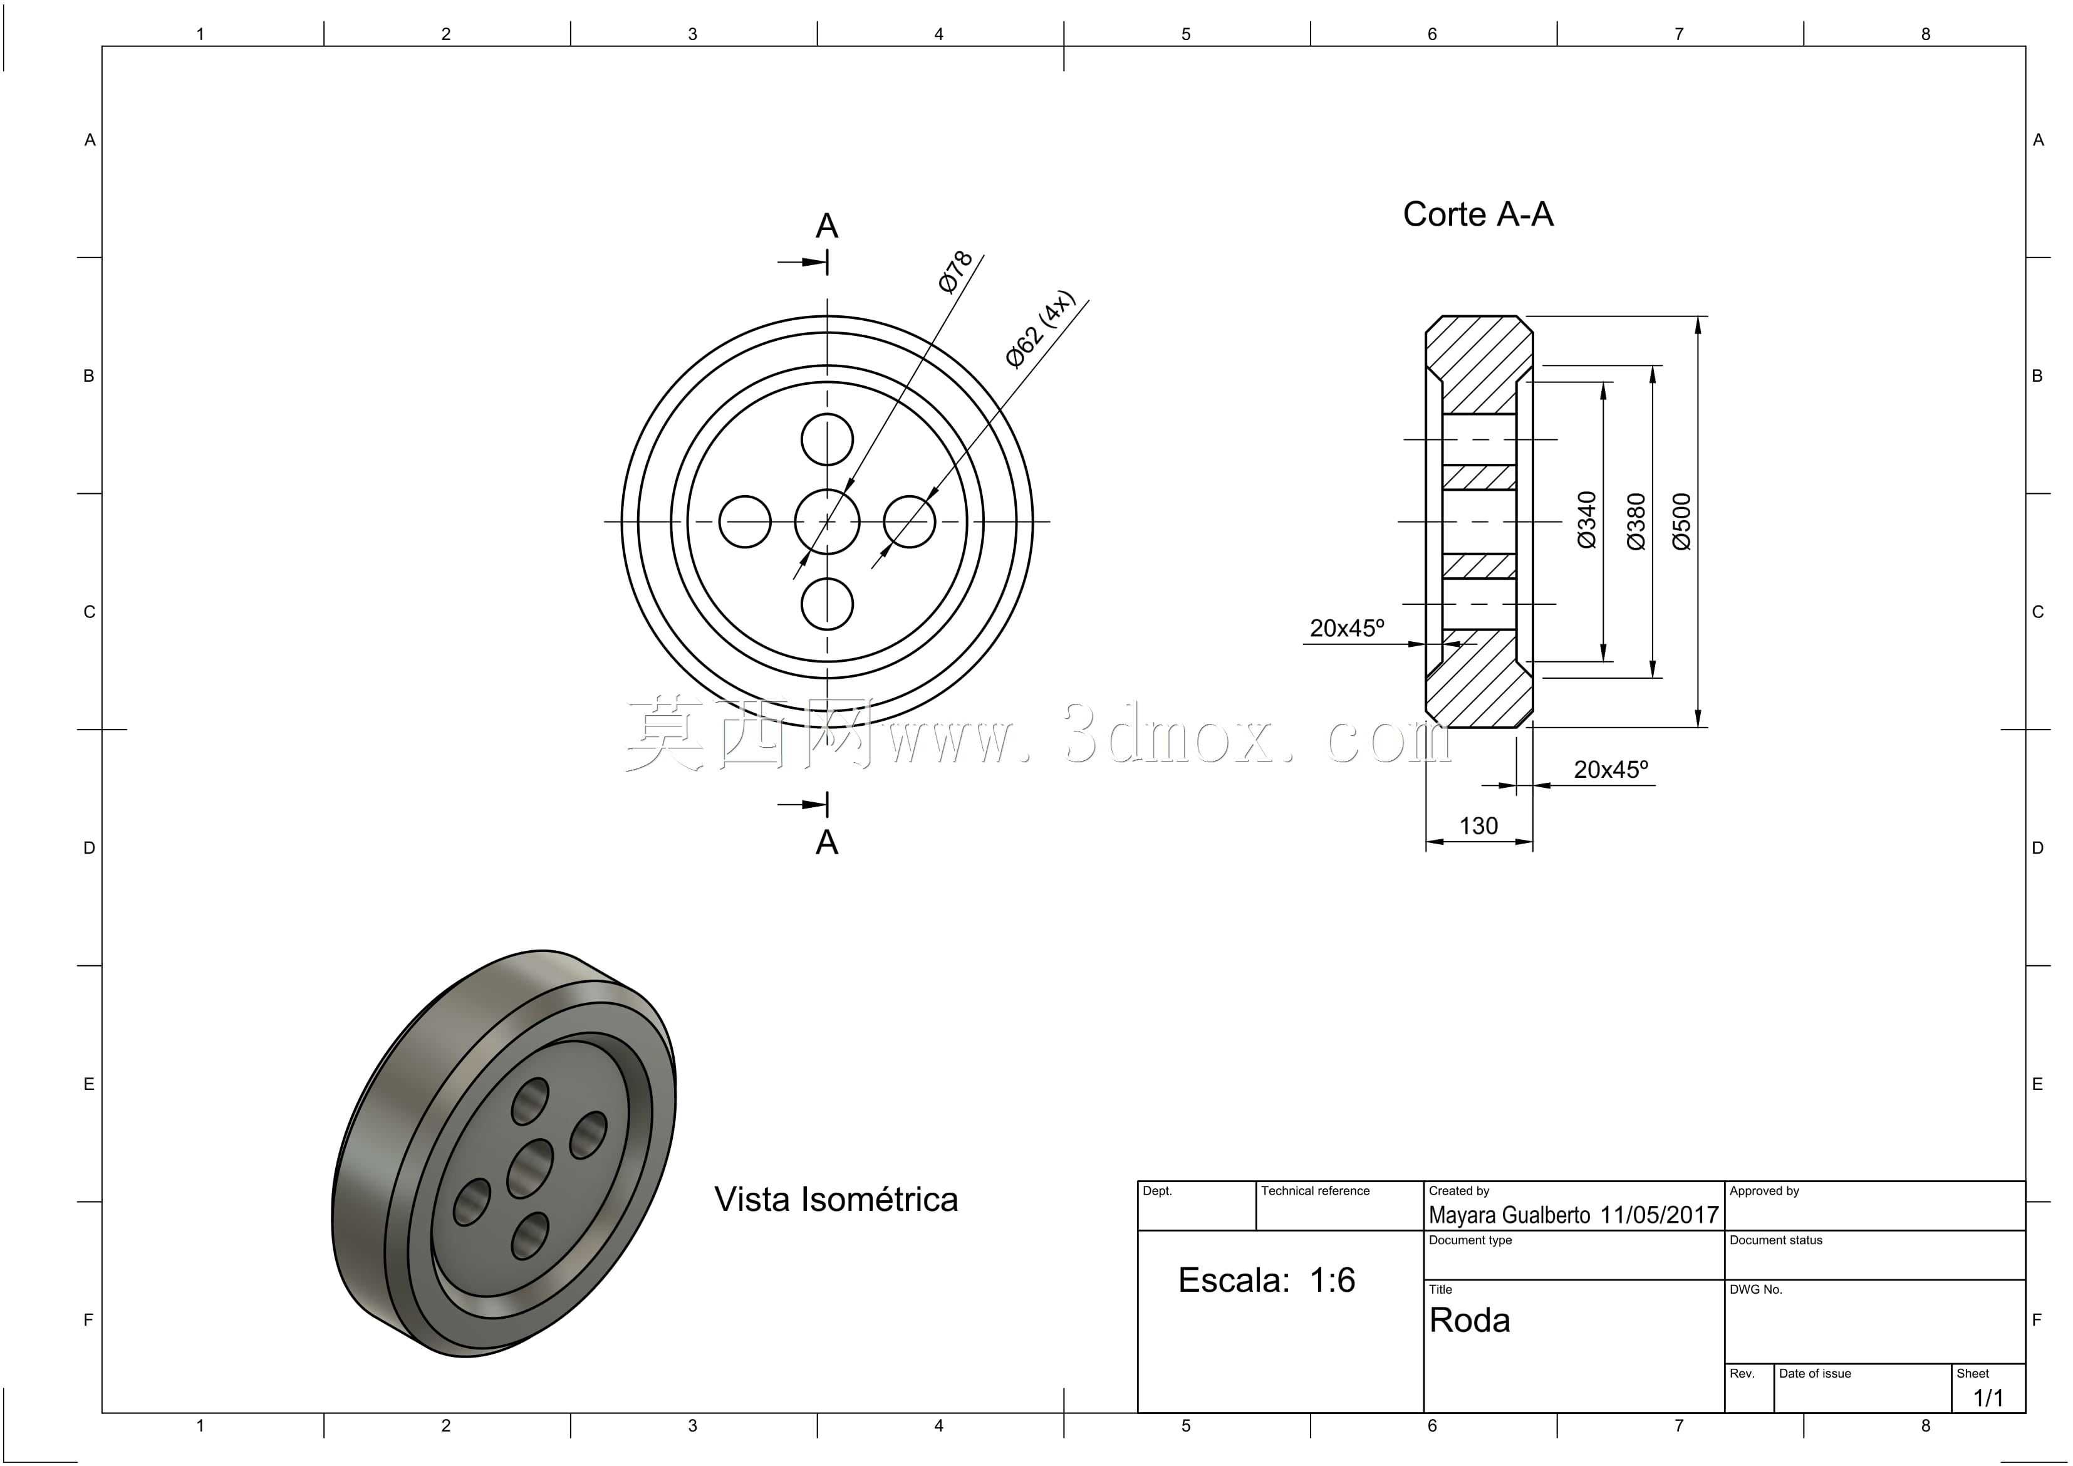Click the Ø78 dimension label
pos(955,271)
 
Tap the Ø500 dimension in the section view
pos(1681,521)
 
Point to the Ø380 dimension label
pos(1636,521)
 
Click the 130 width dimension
pos(1478,825)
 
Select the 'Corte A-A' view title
pos(1478,214)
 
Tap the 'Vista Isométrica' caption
pos(836,1200)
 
